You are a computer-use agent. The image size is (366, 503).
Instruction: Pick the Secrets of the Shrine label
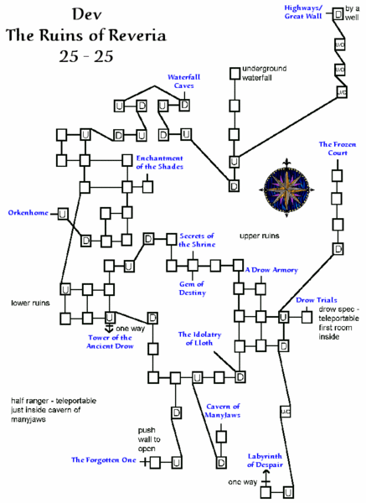pyautogui.click(x=197, y=241)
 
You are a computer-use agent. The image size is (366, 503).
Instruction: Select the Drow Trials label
pyautogui.click(x=317, y=300)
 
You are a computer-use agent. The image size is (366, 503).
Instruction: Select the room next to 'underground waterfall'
pyautogui.click(x=235, y=73)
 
